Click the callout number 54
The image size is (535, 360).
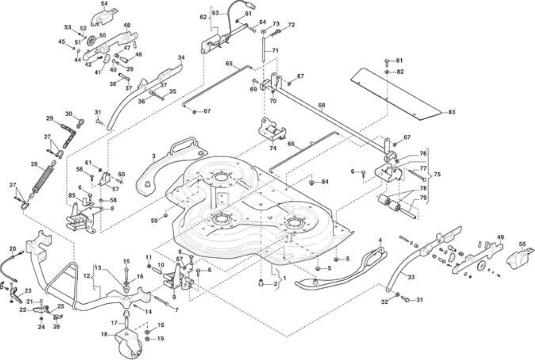(x=104, y=4)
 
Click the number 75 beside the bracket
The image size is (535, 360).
(x=437, y=174)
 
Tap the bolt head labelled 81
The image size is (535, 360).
(x=387, y=62)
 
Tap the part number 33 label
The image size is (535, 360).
(x=411, y=278)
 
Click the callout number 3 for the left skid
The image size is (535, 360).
(x=154, y=156)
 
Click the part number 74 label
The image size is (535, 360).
(x=273, y=148)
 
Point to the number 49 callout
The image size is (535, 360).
(x=500, y=237)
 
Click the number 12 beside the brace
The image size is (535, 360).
(x=86, y=276)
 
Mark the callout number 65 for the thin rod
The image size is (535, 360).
(x=229, y=63)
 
